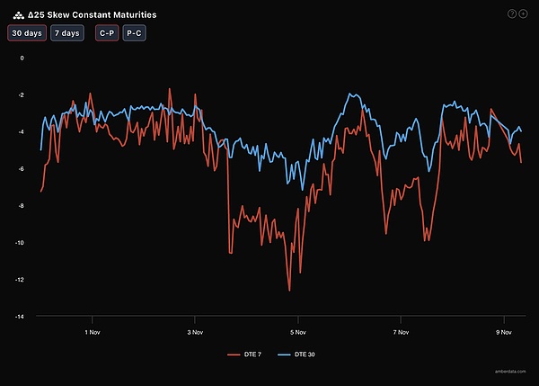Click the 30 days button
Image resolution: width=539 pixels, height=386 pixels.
tap(26, 33)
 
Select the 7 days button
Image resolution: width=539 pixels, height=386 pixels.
tap(66, 33)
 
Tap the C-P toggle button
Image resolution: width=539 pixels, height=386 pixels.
tap(106, 33)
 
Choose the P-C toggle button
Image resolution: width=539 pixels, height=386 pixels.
tap(134, 33)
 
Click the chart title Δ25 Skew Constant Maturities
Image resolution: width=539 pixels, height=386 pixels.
tap(92, 14)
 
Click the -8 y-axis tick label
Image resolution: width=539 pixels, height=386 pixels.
tap(21, 206)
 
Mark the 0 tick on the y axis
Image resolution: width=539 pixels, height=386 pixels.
tap(22, 58)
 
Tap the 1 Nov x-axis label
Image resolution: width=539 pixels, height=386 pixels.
tap(91, 330)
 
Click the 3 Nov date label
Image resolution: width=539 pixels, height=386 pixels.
tap(194, 330)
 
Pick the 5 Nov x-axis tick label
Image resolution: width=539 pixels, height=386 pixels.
tap(298, 330)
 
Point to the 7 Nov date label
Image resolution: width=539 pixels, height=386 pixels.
tap(402, 330)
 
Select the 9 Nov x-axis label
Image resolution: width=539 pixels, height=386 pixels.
tap(505, 330)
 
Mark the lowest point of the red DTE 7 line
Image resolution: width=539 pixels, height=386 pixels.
tap(289, 291)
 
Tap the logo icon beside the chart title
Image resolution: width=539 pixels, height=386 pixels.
tap(18, 14)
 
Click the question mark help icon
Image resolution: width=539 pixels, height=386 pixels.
tap(512, 13)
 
